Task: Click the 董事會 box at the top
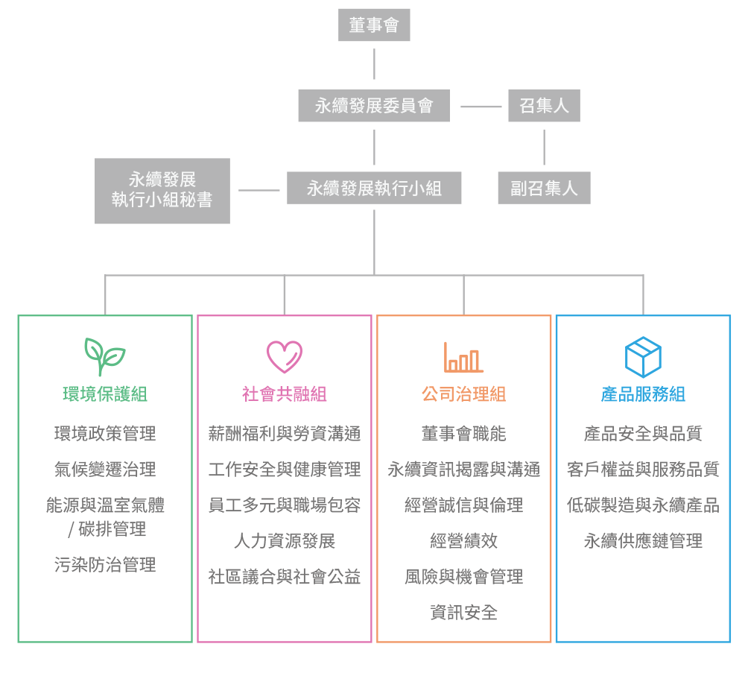tap(374, 25)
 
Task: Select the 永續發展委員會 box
tap(374, 106)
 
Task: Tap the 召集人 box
tap(544, 106)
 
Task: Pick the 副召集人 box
tap(544, 188)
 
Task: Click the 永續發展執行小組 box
tap(374, 188)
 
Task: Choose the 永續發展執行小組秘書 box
tap(162, 191)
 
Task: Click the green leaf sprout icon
tap(104, 357)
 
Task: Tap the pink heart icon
tap(285, 357)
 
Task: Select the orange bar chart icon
tap(463, 358)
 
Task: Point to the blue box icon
tap(643, 357)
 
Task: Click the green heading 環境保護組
tap(105, 394)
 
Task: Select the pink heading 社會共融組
tap(285, 394)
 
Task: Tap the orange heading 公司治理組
tap(463, 394)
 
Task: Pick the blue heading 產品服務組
tap(643, 394)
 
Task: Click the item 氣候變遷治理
tap(105, 470)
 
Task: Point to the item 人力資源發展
tap(285, 541)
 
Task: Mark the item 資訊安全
tap(463, 613)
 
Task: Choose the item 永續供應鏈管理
tap(643, 541)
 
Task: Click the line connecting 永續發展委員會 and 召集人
tap(481, 107)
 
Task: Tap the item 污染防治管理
tap(105, 565)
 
